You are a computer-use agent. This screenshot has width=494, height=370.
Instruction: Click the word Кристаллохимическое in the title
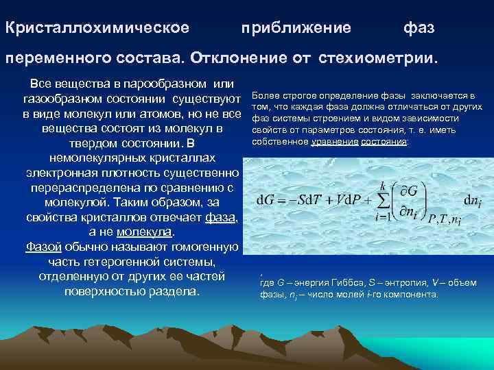[97, 29]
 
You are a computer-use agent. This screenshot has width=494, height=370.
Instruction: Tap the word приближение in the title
[296, 29]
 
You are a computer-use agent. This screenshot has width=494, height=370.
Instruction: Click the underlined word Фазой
[40, 247]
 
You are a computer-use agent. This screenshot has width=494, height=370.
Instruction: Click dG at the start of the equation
[268, 200]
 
